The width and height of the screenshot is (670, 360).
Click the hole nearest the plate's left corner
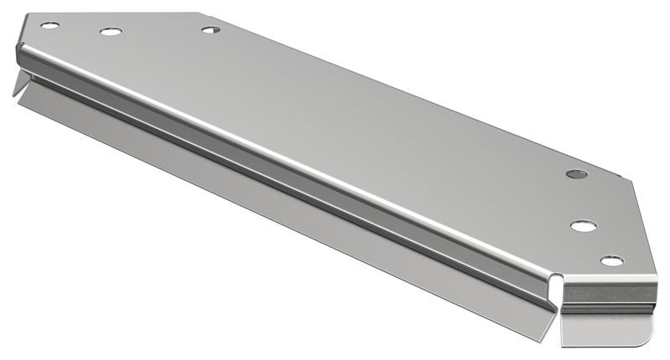49,25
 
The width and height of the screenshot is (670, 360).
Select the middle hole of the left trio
111,32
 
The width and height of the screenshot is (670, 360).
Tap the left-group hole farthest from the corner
210,29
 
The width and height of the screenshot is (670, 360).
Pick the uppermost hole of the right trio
576,174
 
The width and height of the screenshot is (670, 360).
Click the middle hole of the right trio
583,225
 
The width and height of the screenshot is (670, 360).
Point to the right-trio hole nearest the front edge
612,261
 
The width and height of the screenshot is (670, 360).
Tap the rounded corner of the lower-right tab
645,339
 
